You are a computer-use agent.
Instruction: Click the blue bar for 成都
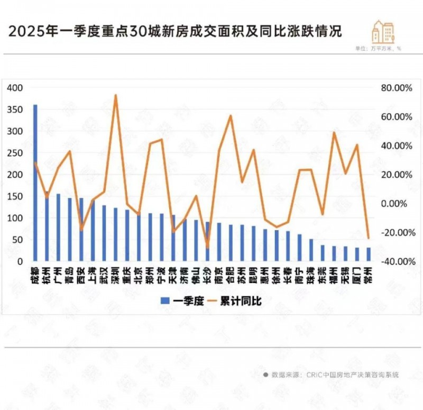(35, 183)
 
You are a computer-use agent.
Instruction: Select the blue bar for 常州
(369, 254)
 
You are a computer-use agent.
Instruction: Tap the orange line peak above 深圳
(116, 96)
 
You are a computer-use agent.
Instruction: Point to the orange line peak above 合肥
(231, 115)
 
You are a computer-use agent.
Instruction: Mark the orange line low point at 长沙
(207, 247)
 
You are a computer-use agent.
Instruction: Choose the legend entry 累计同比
(238, 301)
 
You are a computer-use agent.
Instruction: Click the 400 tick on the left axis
(16, 88)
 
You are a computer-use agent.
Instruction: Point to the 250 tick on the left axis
(16, 153)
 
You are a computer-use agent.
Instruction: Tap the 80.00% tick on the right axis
(396, 88)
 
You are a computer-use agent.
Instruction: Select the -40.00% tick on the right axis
(395, 261)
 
